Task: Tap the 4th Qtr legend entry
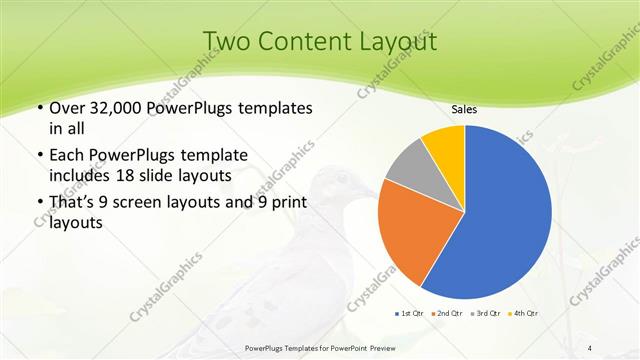coord(527,313)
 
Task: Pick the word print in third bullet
coord(286,203)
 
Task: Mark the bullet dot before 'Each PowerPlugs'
coord(39,156)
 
